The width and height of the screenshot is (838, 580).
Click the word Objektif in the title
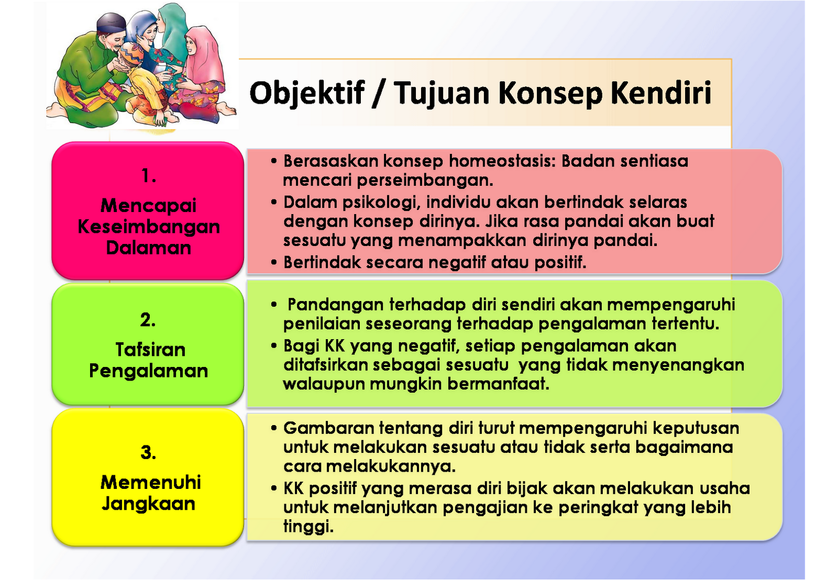coord(307,93)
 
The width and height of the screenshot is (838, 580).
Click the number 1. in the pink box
coord(149,176)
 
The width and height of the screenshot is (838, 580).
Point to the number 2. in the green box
coord(148,320)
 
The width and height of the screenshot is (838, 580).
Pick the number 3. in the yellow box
coord(148,453)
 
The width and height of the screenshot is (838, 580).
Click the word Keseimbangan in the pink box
coord(149,227)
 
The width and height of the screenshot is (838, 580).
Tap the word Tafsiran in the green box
coord(150,349)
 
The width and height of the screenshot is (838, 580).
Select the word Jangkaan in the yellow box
coord(148,504)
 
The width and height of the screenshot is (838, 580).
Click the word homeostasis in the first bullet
coord(501,161)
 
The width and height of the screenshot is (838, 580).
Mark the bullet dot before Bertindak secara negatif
coord(274,262)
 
